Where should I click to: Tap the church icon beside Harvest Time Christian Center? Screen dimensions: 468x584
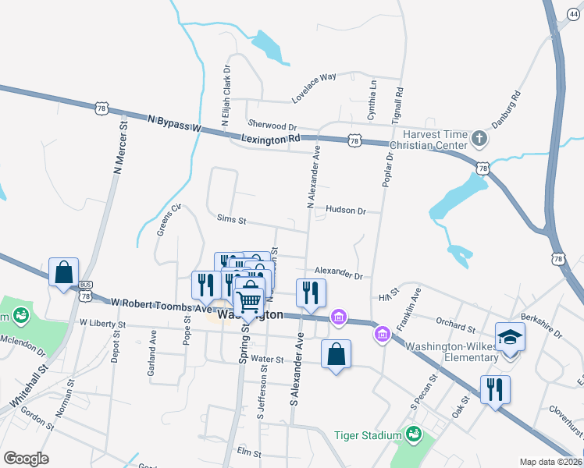pyautogui.click(x=479, y=140)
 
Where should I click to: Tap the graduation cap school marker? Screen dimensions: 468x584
pyautogui.click(x=510, y=338)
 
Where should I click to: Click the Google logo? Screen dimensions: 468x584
pyautogui.click(x=26, y=458)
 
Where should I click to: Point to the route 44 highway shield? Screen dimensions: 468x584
pyautogui.click(x=575, y=25)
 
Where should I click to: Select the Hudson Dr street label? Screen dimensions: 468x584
pyautogui.click(x=346, y=211)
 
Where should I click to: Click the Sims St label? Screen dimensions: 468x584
pyautogui.click(x=231, y=221)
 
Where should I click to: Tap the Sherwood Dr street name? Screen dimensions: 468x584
pyautogui.click(x=272, y=125)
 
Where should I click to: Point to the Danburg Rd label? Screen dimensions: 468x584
pyautogui.click(x=506, y=112)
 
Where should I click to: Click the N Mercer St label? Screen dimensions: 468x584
pyautogui.click(x=119, y=147)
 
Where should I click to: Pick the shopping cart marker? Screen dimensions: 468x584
pyautogui.click(x=249, y=302)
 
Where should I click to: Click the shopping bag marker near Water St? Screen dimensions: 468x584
pyautogui.click(x=336, y=354)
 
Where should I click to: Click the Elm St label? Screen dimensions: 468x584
pyautogui.click(x=248, y=452)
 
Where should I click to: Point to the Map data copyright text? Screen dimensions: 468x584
pyautogui.click(x=551, y=462)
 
